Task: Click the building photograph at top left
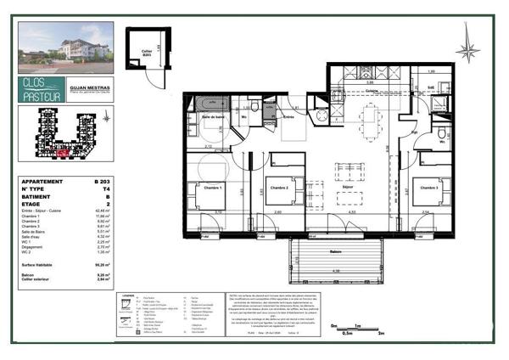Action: [x=66, y=48]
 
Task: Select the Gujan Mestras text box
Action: [x=91, y=85]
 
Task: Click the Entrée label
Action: [x=289, y=116]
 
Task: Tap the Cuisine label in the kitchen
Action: [x=372, y=90]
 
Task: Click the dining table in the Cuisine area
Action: [x=371, y=115]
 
